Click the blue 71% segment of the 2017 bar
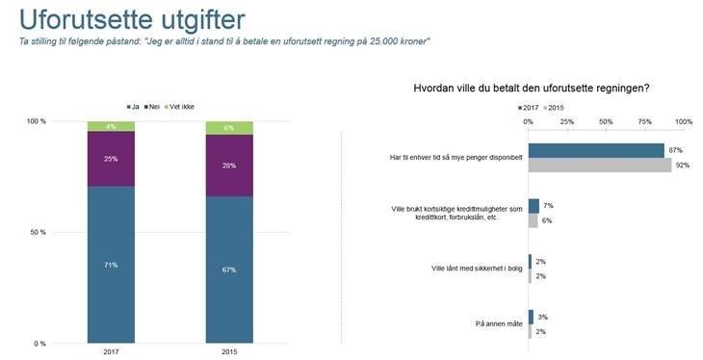(111, 265)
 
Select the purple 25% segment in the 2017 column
(111, 159)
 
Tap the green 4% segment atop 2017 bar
(111, 126)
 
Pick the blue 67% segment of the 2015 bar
(229, 270)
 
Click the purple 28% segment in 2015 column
(229, 166)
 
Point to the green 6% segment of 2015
(229, 128)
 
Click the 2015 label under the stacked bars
(229, 351)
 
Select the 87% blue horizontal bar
(595, 150)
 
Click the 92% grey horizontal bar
(599, 165)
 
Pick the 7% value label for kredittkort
(548, 206)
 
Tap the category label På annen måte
(499, 324)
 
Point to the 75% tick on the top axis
(645, 122)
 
